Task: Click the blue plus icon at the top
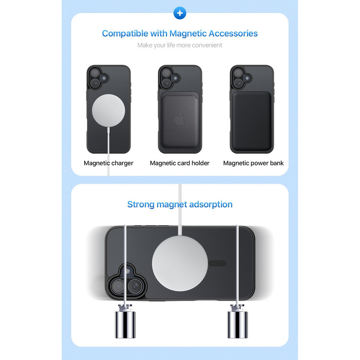[x=180, y=13]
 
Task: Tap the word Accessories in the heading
[x=233, y=33]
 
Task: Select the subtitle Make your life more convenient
[x=180, y=45]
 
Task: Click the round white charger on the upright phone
[x=108, y=110]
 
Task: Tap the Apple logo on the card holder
[x=180, y=119]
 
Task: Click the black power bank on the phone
[x=252, y=121]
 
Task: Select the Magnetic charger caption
[x=108, y=163]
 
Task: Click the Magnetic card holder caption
[x=180, y=163]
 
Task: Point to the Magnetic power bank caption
[x=253, y=163]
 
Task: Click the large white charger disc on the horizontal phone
[x=180, y=263]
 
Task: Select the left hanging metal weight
[x=125, y=322]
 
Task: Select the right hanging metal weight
[x=238, y=322]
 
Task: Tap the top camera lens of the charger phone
[x=94, y=73]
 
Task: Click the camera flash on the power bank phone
[x=247, y=78]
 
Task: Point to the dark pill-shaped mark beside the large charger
[x=217, y=263]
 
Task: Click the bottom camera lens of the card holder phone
[x=166, y=83]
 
